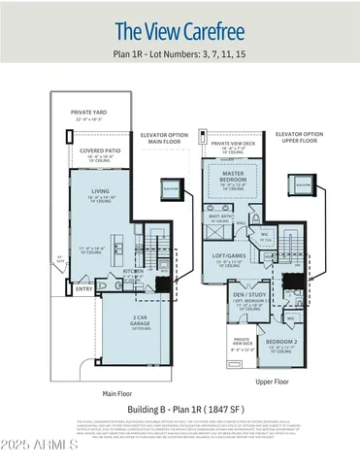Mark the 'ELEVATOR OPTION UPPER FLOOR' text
(299, 138)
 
